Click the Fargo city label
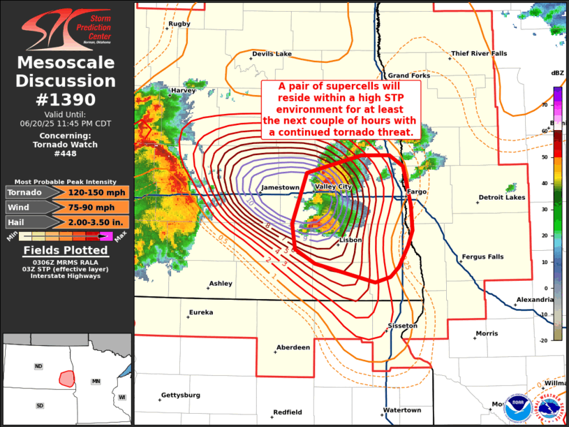[417, 191]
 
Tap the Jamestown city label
[280, 188]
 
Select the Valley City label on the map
[334, 187]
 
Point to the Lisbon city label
[350, 240]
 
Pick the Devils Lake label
[272, 54]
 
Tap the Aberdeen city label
[293, 347]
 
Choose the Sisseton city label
[403, 326]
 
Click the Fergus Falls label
[482, 257]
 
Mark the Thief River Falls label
[479, 54]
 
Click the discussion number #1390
[66, 99]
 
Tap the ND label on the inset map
[39, 366]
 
